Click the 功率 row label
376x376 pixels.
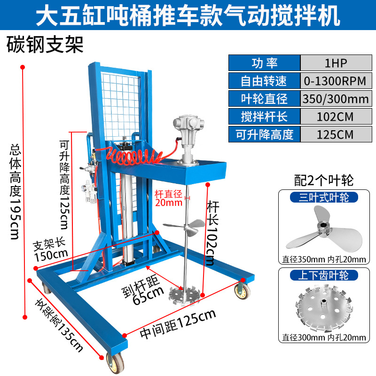[x=264, y=63]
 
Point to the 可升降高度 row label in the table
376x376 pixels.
[x=264, y=134]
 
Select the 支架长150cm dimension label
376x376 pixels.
[x=50, y=251]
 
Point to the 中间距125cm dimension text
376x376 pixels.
[x=178, y=324]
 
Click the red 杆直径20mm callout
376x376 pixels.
[x=168, y=198]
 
